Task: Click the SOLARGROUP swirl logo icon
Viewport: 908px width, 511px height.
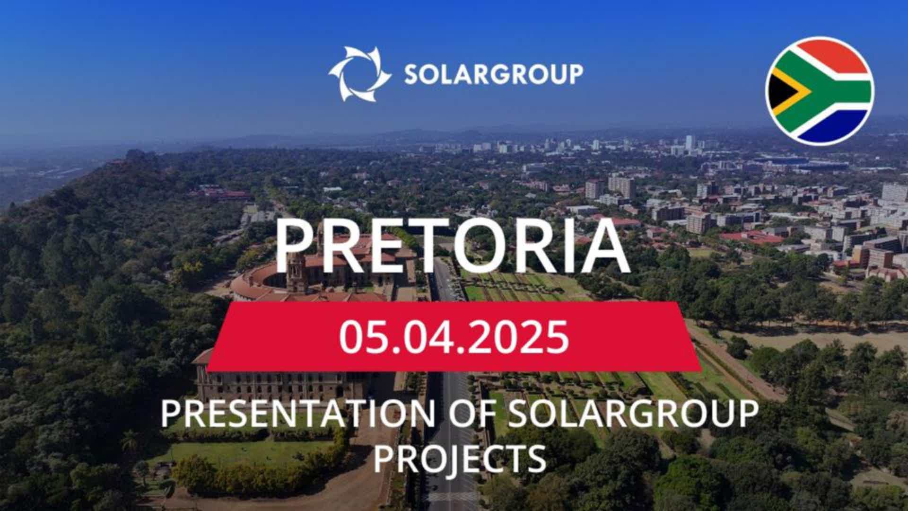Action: point(359,74)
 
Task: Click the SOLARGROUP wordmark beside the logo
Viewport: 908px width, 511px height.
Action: point(493,74)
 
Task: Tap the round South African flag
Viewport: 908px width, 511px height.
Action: point(820,91)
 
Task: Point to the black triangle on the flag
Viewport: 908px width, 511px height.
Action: point(780,91)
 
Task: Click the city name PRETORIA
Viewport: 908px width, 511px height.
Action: point(452,247)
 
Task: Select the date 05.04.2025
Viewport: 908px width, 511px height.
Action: point(454,336)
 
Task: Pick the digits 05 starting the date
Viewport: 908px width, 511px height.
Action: point(364,336)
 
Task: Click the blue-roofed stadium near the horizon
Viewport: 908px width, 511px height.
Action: point(804,162)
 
